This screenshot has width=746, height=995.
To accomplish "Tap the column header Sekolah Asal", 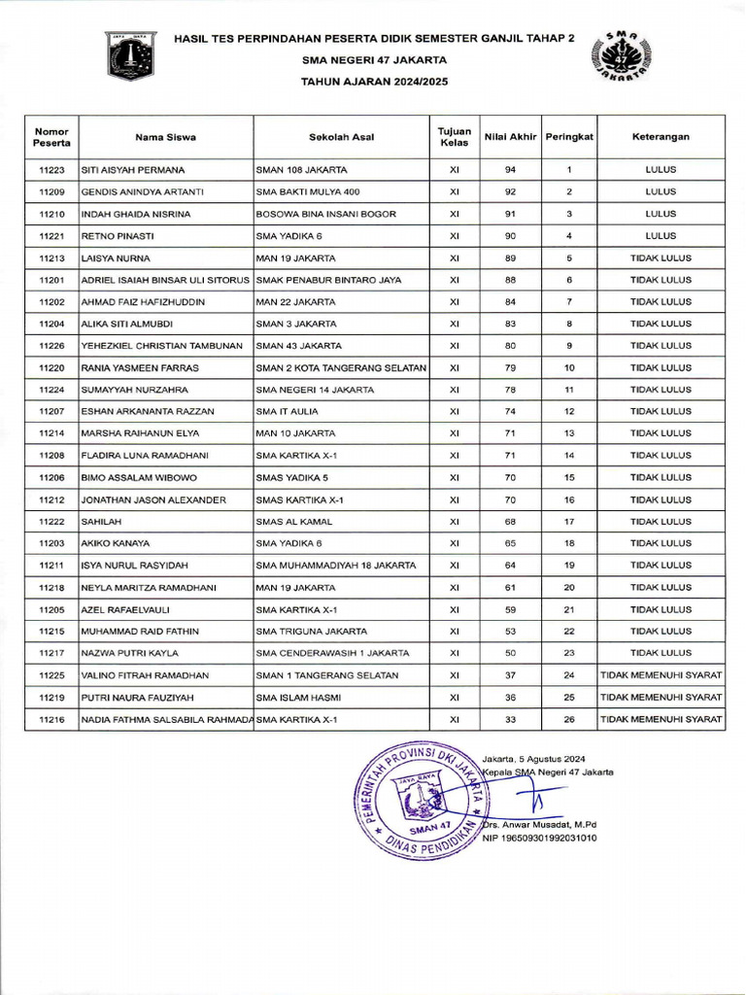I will point(342,137).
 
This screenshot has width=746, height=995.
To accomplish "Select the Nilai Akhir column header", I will point(510,137).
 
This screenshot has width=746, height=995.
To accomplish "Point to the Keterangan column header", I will point(661,137).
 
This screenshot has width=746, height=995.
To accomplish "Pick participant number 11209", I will point(51,191).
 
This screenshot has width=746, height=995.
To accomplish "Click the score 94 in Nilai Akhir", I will point(510,169).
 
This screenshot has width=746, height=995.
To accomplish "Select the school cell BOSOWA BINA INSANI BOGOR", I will point(319,214).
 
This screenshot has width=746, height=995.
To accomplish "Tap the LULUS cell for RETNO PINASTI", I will point(661,236).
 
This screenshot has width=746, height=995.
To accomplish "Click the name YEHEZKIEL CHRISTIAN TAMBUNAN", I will point(161,346).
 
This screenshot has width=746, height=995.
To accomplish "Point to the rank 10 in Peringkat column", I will point(569,368).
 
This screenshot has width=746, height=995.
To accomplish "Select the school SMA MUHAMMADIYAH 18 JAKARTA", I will point(335,566).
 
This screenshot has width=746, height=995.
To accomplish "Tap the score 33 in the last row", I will point(510,720).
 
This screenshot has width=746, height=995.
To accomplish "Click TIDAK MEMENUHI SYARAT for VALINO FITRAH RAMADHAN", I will point(661,675).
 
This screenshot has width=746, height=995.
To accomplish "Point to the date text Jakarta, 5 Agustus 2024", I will point(533,758).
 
